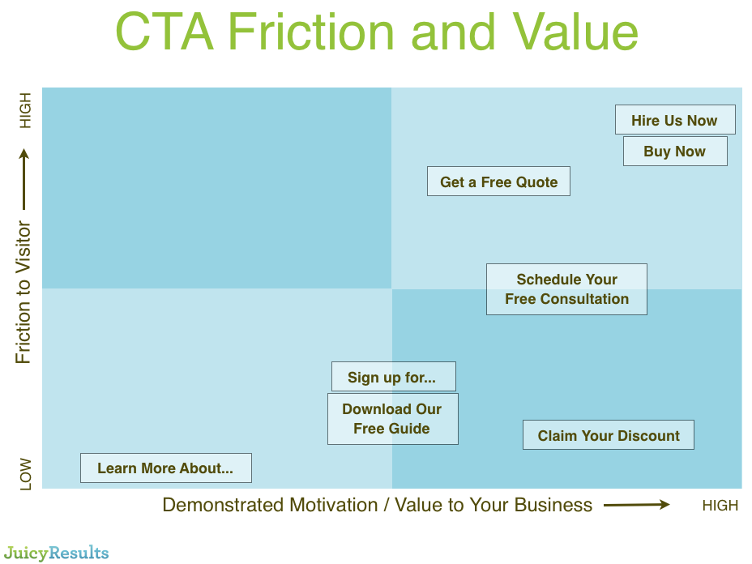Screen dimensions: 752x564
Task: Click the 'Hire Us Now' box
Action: coord(675,119)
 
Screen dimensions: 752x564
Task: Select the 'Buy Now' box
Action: coord(675,151)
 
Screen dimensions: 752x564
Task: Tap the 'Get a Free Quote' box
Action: coord(498,182)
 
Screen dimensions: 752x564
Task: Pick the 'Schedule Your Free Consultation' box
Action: coord(566,289)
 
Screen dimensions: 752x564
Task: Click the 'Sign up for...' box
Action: coord(393,377)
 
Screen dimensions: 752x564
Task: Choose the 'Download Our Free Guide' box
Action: coord(392,419)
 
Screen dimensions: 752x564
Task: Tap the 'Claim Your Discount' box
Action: coord(608,435)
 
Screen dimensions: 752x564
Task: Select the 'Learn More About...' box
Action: coord(165,468)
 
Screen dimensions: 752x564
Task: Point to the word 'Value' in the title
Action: coord(575,32)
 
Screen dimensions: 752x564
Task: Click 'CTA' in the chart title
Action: coord(164,32)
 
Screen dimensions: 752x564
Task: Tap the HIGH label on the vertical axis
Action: coord(25,110)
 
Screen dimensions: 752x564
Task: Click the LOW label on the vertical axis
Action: coord(25,474)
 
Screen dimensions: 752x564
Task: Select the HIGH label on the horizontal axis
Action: coord(720,506)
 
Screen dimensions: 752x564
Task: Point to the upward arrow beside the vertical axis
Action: coord(24,179)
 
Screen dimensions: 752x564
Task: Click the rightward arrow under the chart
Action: coord(636,505)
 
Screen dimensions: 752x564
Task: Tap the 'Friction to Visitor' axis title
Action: coord(23,292)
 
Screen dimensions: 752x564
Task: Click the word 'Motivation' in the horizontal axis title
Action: coord(333,505)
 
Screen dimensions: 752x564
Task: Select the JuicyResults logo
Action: coord(56,553)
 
